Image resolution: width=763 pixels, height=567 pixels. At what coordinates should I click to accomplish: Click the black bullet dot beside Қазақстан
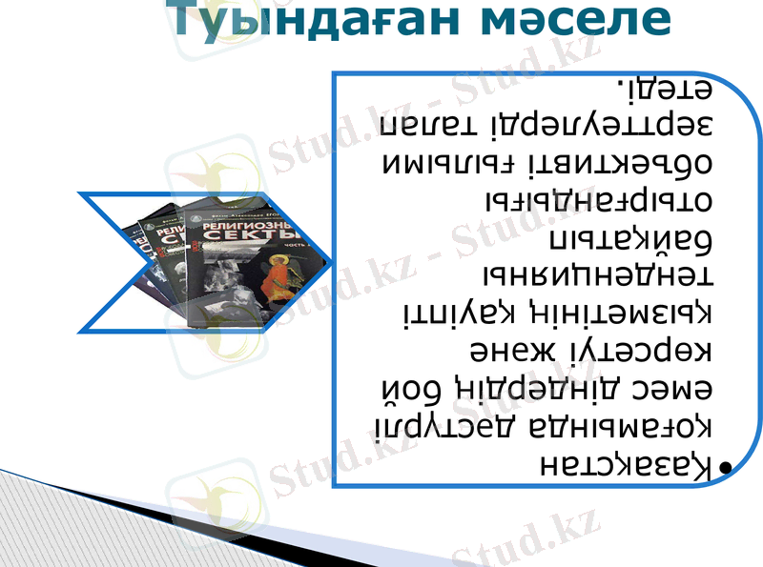pyautogui.click(x=727, y=468)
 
